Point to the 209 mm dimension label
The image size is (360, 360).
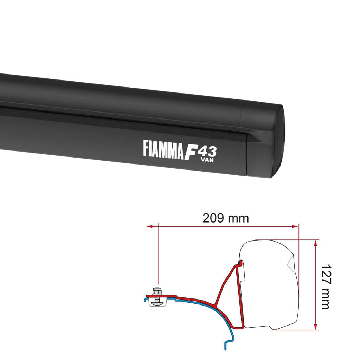click(225, 218)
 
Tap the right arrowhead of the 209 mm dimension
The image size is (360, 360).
click(295, 227)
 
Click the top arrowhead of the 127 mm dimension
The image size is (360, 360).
click(316, 243)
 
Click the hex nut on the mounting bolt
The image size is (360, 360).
click(157, 291)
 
